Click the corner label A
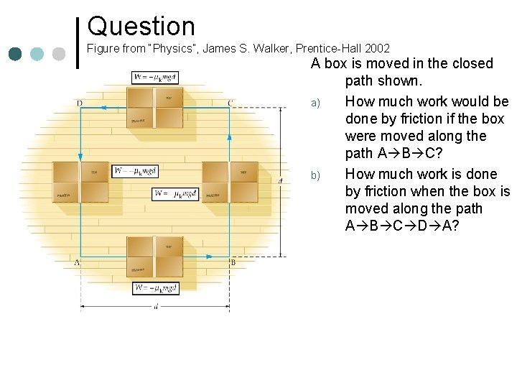pos(76,263)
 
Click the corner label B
pos(233,263)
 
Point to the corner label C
pos(230,103)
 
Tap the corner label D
pos(79,103)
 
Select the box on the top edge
pos(154,107)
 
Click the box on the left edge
pos(80,183)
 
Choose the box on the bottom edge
pos(154,257)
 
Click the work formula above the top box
pos(154,78)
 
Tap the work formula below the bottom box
pos(156,288)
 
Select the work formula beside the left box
pos(135,171)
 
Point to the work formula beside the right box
pos(175,194)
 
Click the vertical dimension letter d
pos(280,180)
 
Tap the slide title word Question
pos(141,27)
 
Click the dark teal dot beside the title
pos(17,54)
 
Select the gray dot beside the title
pos(59,54)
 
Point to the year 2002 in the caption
pos(377,49)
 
